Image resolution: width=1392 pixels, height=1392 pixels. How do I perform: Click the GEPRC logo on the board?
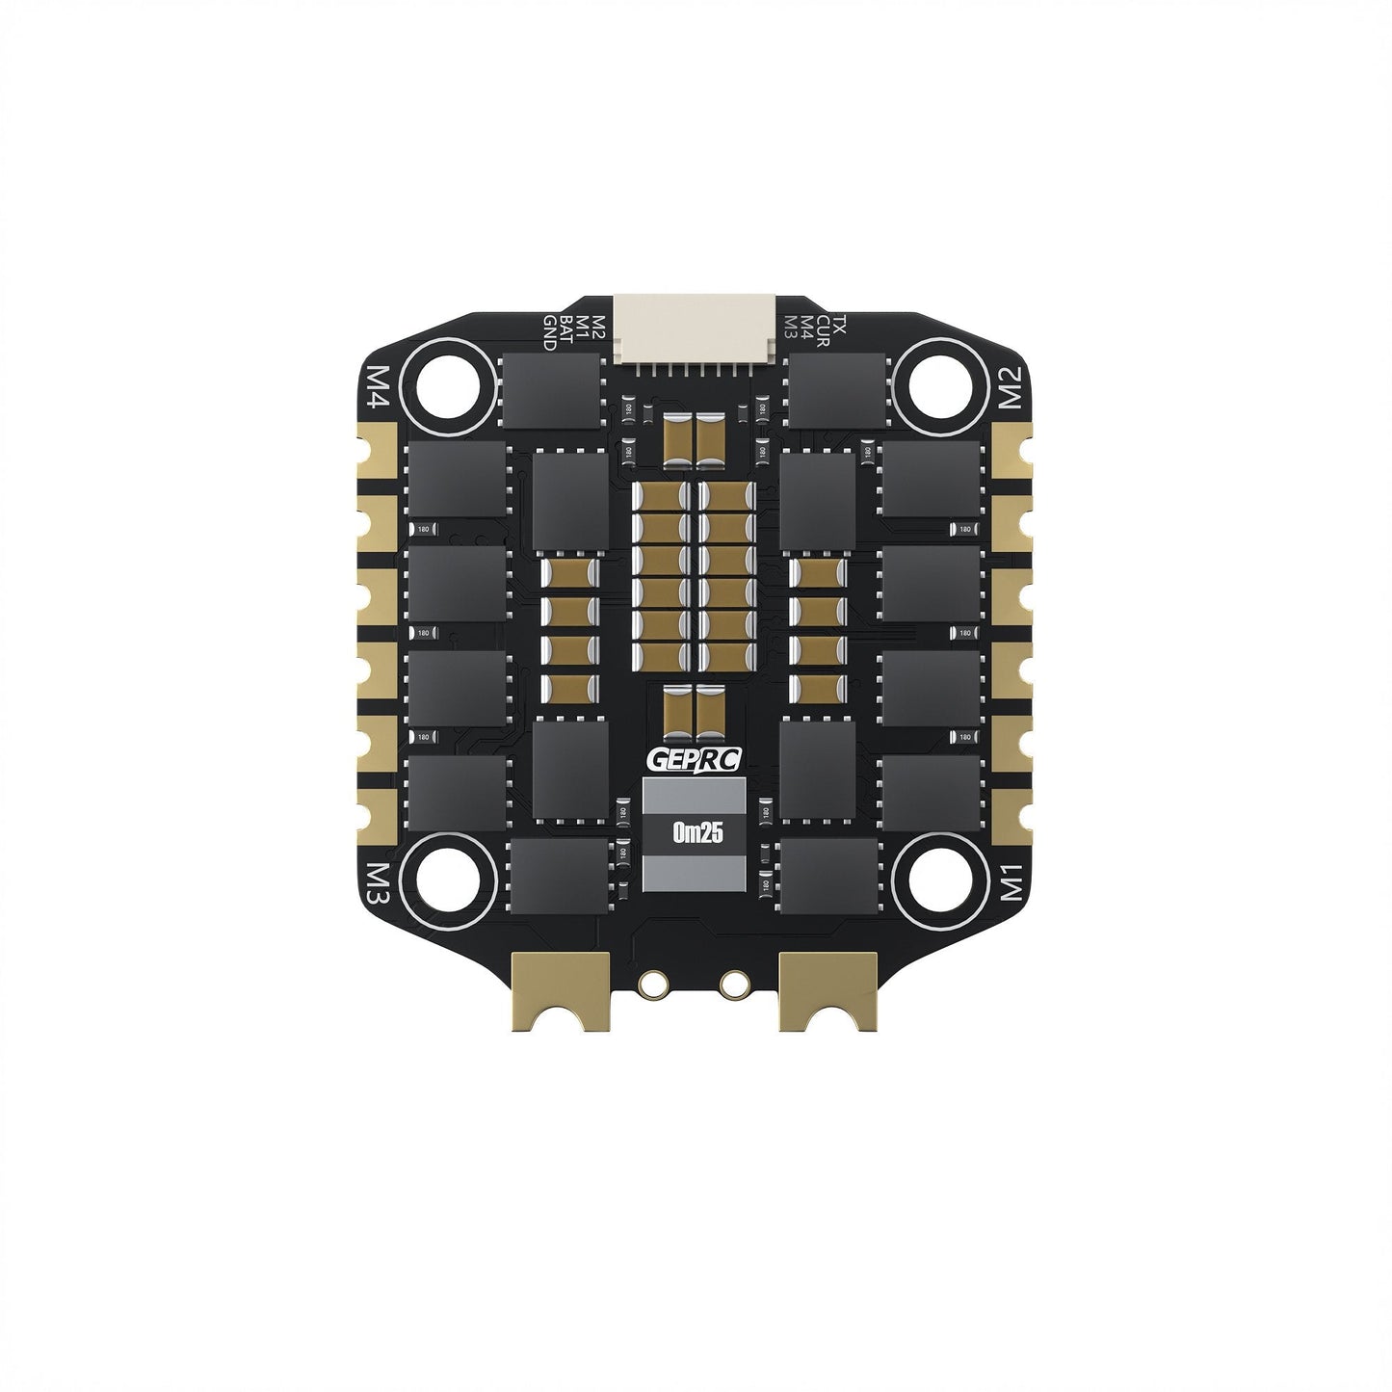696,759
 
